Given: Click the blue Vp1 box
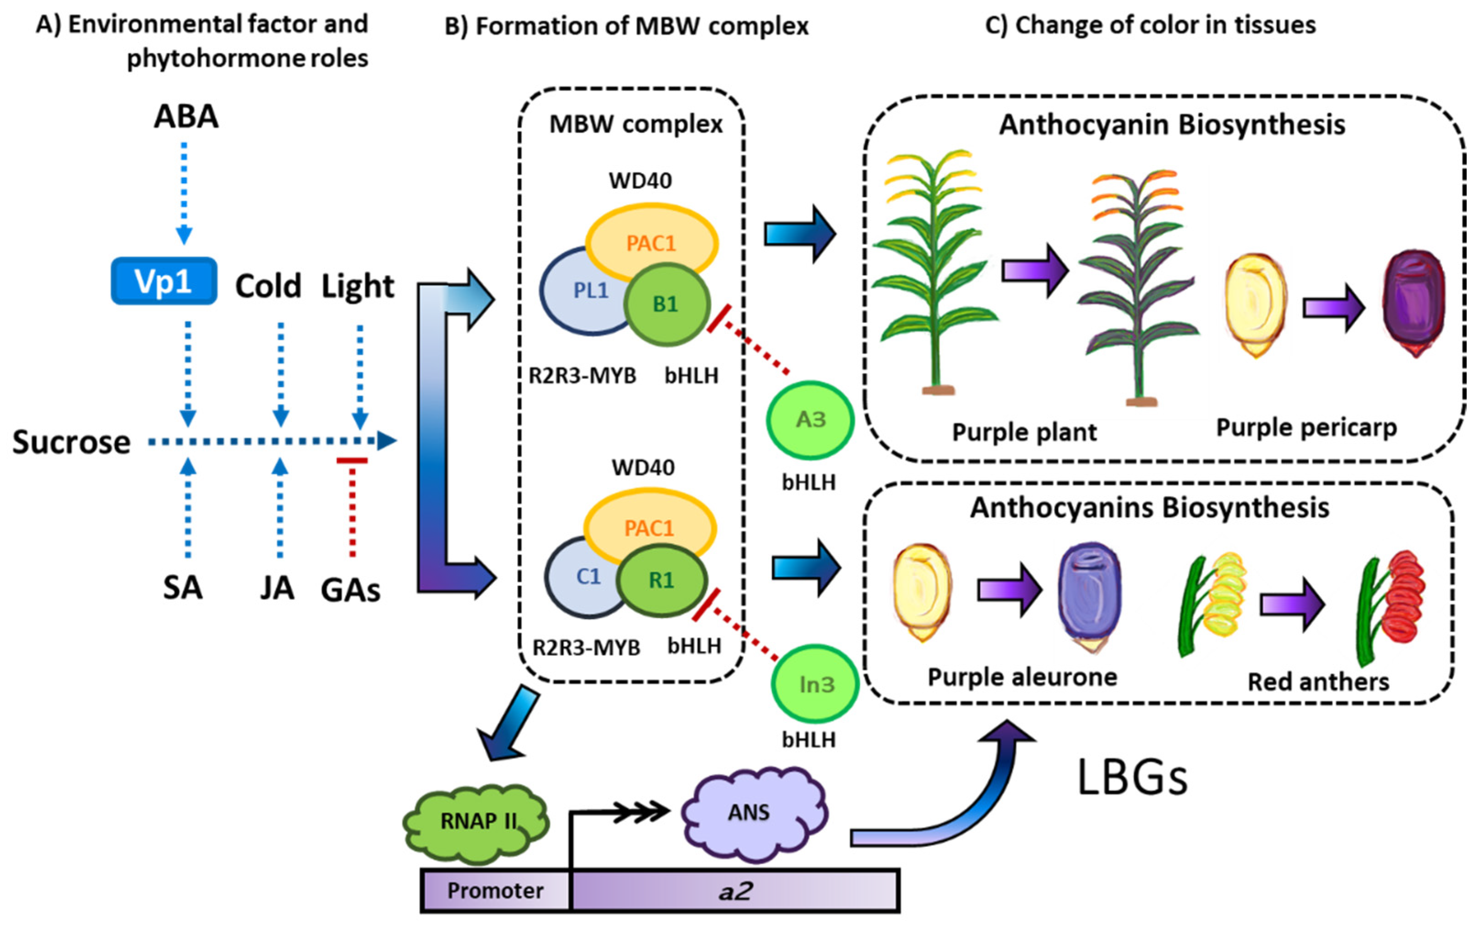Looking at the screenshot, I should (164, 281).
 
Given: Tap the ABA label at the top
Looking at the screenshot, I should (186, 116).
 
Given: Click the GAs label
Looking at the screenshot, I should (350, 590).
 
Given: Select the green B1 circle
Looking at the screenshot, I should (667, 304).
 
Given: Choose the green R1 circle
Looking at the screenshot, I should (662, 580).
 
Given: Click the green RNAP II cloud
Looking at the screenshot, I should (477, 822).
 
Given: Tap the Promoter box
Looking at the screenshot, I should (495, 890).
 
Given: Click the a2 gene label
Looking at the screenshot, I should (735, 890).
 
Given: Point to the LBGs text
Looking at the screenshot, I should (1132, 778).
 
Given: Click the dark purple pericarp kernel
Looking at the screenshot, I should (1414, 303).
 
